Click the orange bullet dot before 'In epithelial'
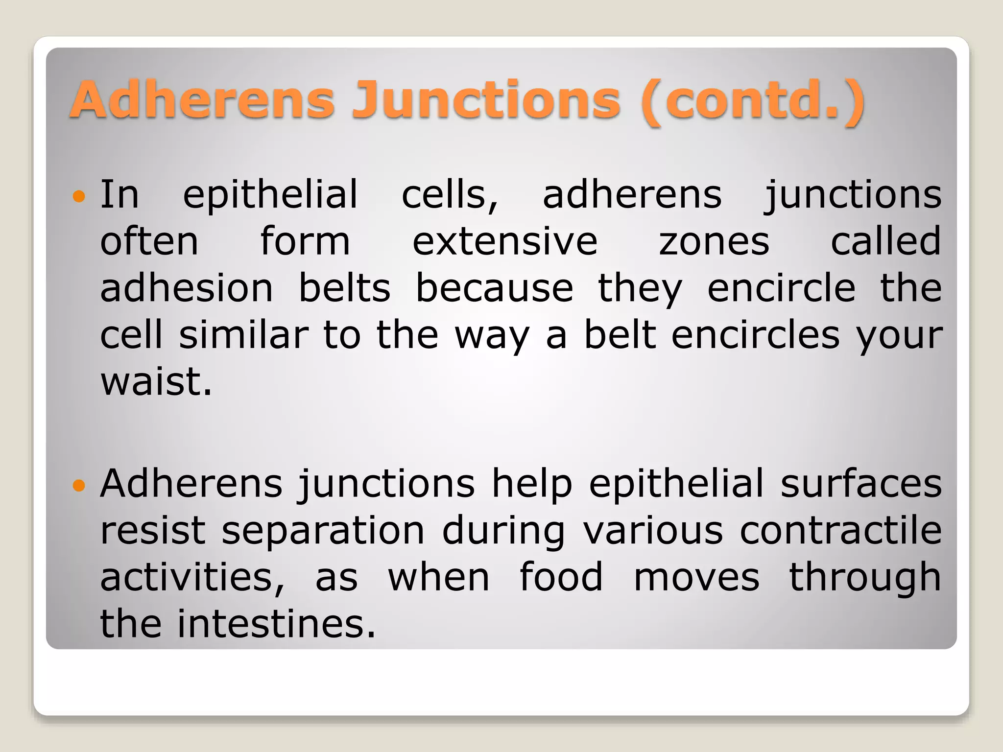click(79, 197)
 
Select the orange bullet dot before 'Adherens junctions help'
click(79, 486)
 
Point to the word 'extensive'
click(505, 241)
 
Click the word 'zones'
click(714, 242)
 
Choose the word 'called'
click(886, 241)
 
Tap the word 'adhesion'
click(186, 288)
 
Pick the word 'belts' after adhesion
click(345, 288)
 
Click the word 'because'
click(495, 288)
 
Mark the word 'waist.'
click(156, 382)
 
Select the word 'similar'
click(243, 335)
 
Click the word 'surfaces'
click(861, 484)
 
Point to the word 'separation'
click(323, 531)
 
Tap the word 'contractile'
click(840, 531)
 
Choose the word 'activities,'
click(192, 578)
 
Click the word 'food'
click(561, 578)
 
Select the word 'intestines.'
click(276, 624)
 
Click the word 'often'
click(149, 241)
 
